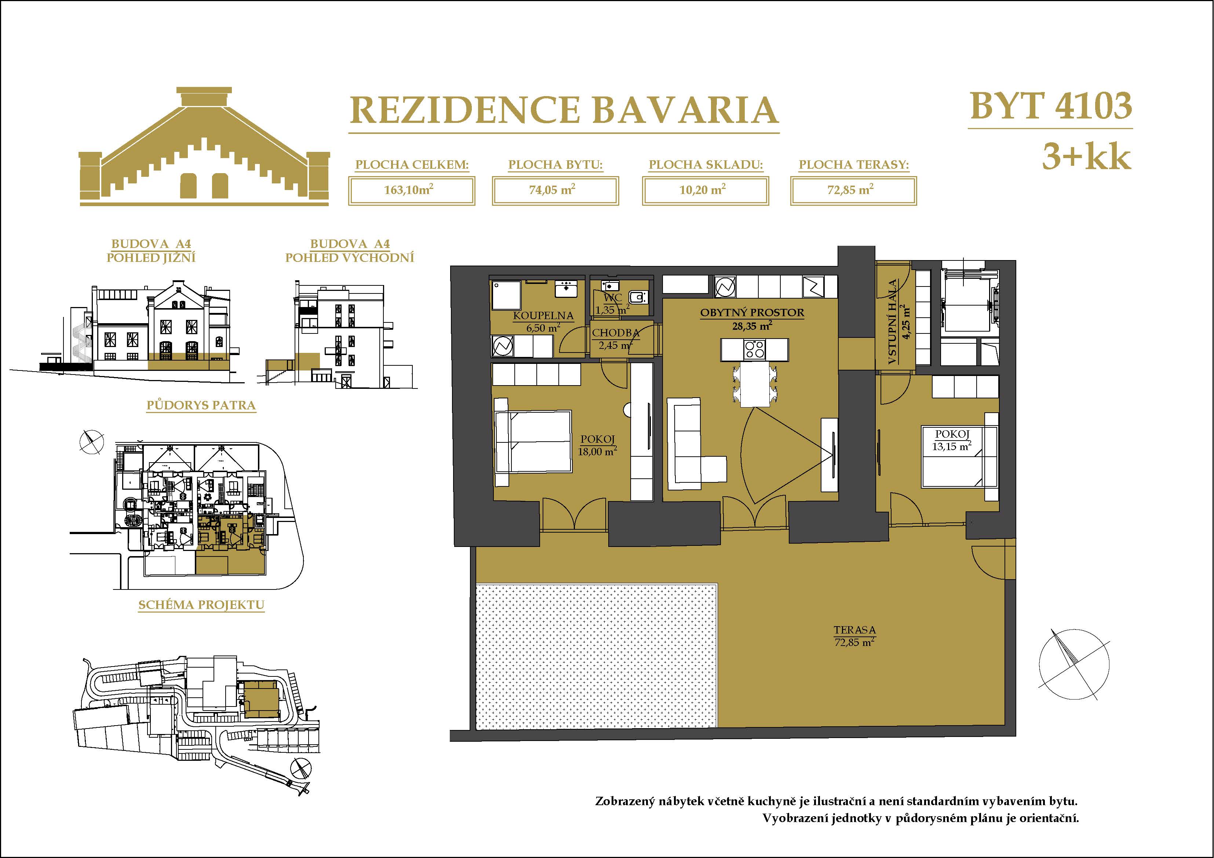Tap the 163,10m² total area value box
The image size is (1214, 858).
coord(411,190)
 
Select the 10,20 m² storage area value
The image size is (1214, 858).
coord(703,189)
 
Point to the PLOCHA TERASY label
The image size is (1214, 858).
coord(853,165)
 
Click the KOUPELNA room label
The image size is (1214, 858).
coord(543,315)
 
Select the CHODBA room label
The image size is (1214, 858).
coord(616,333)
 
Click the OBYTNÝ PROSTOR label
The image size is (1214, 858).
coord(752,313)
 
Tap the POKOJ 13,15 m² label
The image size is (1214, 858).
coord(952,440)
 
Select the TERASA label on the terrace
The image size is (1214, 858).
coord(854,630)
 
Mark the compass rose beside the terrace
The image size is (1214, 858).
coord(1074,665)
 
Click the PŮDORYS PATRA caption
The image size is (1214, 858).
coord(201,405)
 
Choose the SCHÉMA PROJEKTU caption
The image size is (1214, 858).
coord(201,605)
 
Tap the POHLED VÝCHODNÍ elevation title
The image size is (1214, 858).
coord(350,258)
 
